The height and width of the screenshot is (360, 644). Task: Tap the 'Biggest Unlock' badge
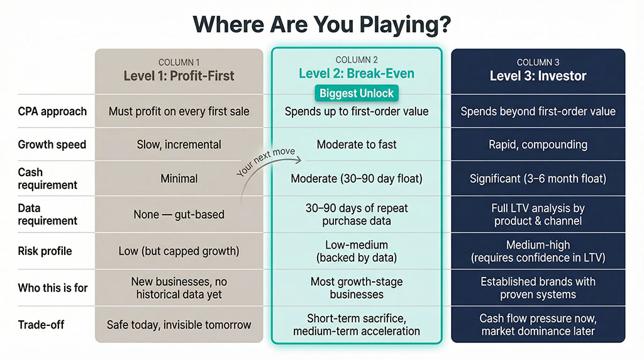point(356,94)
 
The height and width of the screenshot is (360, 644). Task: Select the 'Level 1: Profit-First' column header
point(179,76)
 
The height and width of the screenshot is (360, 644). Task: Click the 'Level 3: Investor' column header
point(538,76)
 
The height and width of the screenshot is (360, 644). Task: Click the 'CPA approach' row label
point(52,111)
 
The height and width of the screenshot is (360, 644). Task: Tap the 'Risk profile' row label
point(45,251)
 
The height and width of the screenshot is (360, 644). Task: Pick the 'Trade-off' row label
point(41,325)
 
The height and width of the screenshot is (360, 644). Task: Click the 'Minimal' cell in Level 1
point(179,179)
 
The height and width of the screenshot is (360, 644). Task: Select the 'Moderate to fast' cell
point(356,145)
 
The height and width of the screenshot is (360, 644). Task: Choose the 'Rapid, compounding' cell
point(538,145)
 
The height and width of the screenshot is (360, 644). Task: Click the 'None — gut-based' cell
point(179,215)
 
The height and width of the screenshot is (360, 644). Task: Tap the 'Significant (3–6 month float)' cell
point(538,179)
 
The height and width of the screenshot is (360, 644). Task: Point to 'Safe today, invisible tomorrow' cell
point(179,325)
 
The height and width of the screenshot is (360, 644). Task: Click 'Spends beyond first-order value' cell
point(538,111)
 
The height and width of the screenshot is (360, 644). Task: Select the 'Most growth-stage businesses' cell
point(356,288)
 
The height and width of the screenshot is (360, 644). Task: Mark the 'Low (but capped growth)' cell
point(179,251)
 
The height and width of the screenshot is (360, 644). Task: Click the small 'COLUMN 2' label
point(356,60)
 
